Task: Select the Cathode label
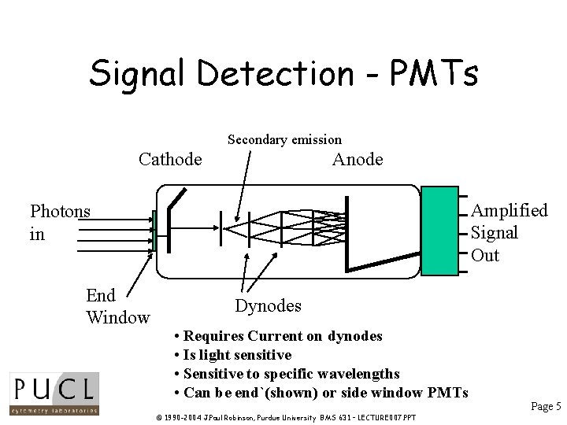[x=170, y=160]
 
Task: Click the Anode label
[x=358, y=160]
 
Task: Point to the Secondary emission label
[x=284, y=140]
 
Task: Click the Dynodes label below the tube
[x=268, y=305]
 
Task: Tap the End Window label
[x=117, y=306]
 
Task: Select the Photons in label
[x=60, y=222]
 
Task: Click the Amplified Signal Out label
[x=509, y=233]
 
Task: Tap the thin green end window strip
[x=155, y=231]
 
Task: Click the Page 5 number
[x=546, y=406]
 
